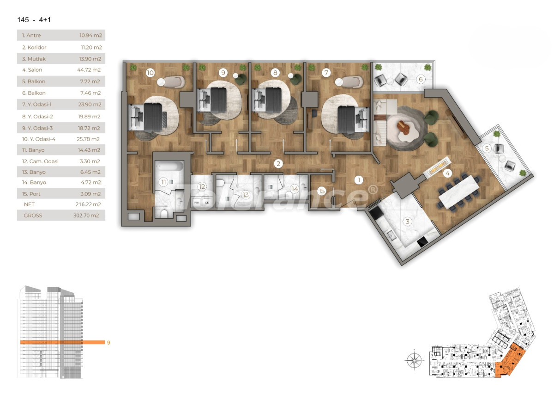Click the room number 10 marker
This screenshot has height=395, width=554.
[x=150, y=72]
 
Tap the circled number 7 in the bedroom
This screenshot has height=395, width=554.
[x=326, y=72]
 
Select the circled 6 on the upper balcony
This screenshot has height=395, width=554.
[x=420, y=79]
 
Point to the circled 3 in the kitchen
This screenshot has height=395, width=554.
[x=407, y=222]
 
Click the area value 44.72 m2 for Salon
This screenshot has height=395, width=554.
[x=90, y=70]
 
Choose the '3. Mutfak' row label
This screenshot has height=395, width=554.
[x=34, y=59]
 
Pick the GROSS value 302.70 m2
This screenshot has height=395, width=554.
[x=90, y=216]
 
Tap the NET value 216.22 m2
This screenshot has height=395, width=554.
[x=90, y=204]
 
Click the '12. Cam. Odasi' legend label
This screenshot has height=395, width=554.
[x=40, y=161]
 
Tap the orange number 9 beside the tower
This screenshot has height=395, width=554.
[x=108, y=343]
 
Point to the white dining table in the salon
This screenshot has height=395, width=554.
[x=459, y=191]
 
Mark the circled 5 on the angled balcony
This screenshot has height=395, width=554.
[x=487, y=148]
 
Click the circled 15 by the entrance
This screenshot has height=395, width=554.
[x=322, y=191]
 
